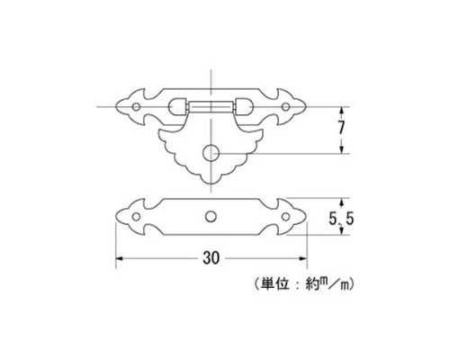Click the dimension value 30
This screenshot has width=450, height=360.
click(x=211, y=258)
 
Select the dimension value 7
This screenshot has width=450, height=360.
click(x=341, y=128)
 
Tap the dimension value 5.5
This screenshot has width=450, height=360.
click(x=341, y=219)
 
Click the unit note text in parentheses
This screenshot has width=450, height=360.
click(x=303, y=283)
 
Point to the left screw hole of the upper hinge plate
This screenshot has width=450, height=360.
click(x=136, y=107)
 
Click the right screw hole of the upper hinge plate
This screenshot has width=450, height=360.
click(x=285, y=107)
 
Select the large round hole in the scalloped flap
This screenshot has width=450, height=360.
click(x=211, y=154)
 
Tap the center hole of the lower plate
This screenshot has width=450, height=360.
click(x=211, y=217)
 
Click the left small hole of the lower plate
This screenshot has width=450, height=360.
click(x=136, y=217)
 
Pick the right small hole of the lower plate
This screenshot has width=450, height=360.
click(x=285, y=217)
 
